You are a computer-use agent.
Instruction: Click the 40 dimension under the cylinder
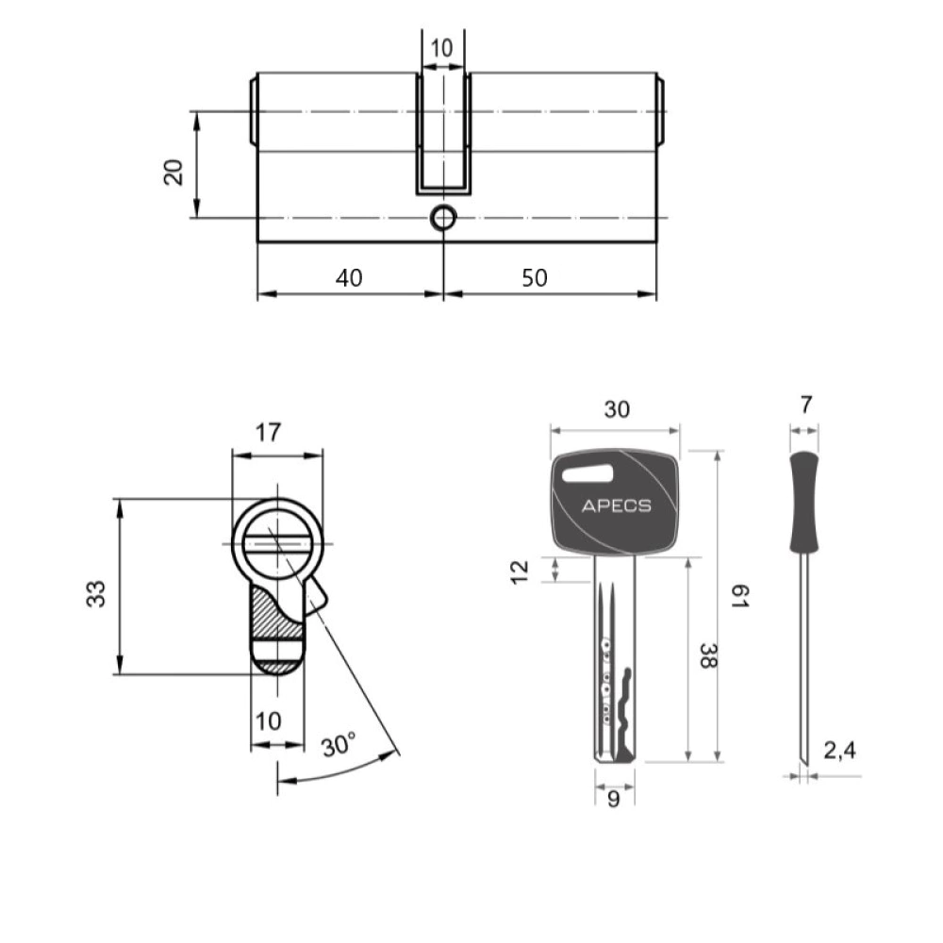click(x=350, y=278)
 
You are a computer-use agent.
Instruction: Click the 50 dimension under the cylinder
click(x=535, y=278)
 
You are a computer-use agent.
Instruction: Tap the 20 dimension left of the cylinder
click(x=174, y=172)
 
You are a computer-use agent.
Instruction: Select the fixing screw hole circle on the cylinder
click(x=444, y=218)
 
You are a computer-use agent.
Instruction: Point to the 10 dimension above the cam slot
click(x=442, y=48)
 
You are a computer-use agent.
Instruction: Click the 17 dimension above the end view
click(x=268, y=432)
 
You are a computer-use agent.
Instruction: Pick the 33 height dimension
click(x=96, y=593)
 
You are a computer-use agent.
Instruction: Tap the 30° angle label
click(x=339, y=745)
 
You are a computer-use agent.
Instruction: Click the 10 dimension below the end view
click(x=268, y=720)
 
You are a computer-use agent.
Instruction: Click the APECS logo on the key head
click(x=617, y=505)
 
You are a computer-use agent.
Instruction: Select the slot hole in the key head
click(x=587, y=474)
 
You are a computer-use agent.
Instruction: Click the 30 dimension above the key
click(x=617, y=409)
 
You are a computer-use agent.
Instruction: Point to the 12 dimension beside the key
click(x=519, y=571)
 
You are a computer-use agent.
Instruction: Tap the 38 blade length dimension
click(x=708, y=656)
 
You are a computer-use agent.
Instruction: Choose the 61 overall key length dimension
click(x=739, y=596)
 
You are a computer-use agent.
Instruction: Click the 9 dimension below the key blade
click(x=614, y=799)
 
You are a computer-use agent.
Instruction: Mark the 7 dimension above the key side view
click(x=806, y=405)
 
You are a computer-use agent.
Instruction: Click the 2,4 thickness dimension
click(x=839, y=751)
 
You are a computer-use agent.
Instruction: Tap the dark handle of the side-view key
click(x=804, y=503)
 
